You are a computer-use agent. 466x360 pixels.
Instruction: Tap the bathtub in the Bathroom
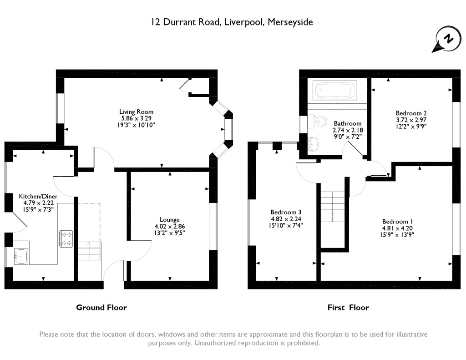click(335, 90)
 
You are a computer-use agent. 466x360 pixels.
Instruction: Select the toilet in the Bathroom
click(317, 121)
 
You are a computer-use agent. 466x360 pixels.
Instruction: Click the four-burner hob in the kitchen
click(66, 238)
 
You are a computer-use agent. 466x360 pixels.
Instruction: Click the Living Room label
click(137, 112)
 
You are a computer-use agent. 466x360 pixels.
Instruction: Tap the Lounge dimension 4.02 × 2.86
click(170, 226)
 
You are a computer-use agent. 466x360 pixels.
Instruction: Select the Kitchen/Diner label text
click(38, 196)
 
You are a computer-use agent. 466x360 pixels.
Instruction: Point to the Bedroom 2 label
click(411, 113)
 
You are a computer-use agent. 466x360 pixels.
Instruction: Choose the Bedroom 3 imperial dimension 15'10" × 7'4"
click(286, 225)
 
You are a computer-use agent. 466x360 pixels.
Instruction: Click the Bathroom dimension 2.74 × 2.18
click(348, 130)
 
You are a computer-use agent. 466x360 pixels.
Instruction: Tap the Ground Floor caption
click(101, 307)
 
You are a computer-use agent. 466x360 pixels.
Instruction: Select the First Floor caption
click(348, 307)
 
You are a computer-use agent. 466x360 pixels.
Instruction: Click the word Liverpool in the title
click(244, 22)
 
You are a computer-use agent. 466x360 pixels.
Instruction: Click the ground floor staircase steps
click(90, 251)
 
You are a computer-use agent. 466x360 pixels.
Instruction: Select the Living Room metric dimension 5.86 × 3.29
click(137, 118)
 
